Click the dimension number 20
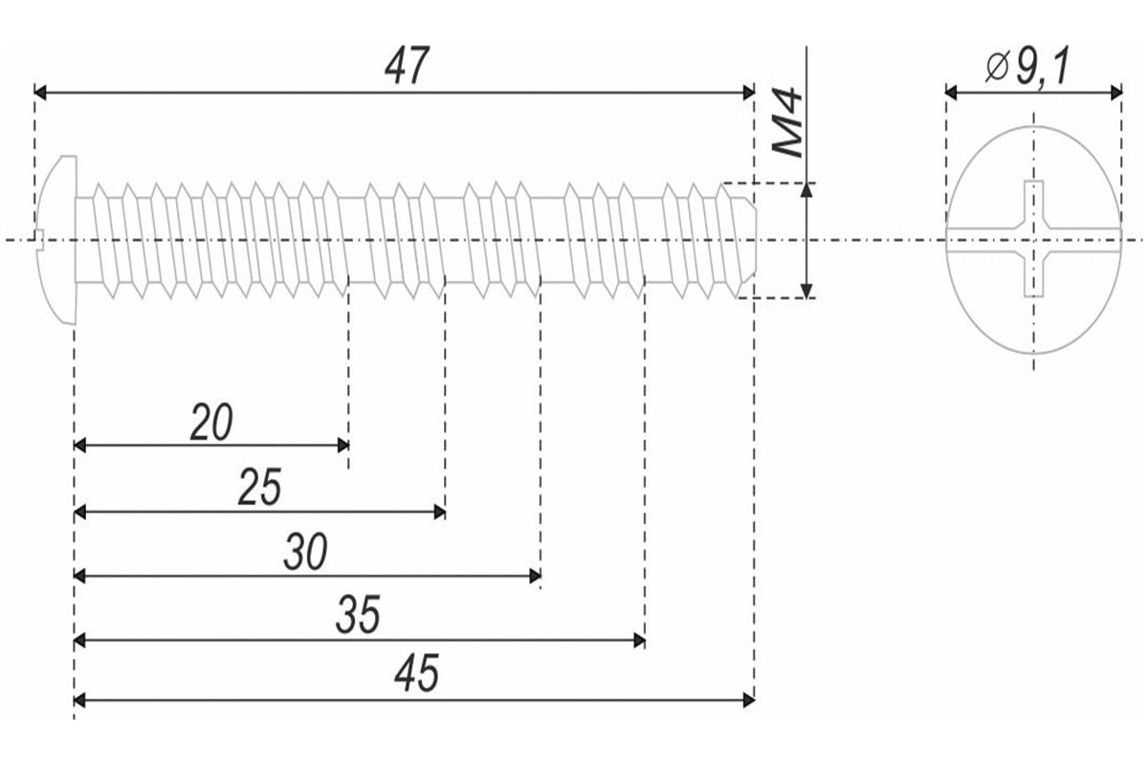pos(211,423)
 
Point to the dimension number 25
pos(260,489)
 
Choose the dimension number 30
pos(306,553)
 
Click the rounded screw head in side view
pos(55,239)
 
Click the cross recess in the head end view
pos(1033,239)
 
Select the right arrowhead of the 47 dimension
pos(748,92)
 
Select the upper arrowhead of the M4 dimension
pos(807,188)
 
